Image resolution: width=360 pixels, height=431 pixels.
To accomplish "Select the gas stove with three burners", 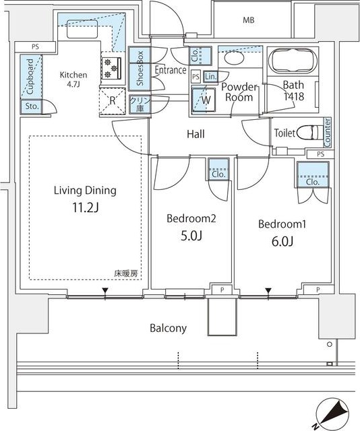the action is pyautogui.click(x=111, y=68).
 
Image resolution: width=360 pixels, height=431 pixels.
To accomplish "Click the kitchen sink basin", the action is pyautogui.click(x=82, y=28).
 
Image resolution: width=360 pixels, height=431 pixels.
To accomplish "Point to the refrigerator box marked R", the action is pyautogui.click(x=112, y=101).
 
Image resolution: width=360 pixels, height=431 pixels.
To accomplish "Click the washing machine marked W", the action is pyautogui.click(x=204, y=100).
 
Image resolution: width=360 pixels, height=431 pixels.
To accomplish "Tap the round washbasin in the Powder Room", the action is pyautogui.click(x=234, y=58).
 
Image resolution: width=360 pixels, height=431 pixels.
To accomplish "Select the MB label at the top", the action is pyautogui.click(x=249, y=20).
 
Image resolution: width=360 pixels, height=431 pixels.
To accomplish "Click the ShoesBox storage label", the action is pyautogui.click(x=140, y=68).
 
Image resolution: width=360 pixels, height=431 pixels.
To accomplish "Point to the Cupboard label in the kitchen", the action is pyautogui.click(x=30, y=76).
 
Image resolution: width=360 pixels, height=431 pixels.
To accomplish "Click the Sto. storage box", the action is pyautogui.click(x=32, y=106).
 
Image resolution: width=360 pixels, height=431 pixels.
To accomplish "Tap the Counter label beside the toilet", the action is pyautogui.click(x=328, y=133).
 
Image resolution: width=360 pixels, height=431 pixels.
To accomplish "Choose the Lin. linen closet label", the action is pyautogui.click(x=211, y=77).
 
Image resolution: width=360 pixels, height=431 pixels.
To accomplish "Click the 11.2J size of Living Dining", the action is pyautogui.click(x=86, y=208).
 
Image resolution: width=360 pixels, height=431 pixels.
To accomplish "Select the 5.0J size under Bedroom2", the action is pyautogui.click(x=191, y=236).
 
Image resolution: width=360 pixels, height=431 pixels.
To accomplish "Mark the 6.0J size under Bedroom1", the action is pyautogui.click(x=282, y=241).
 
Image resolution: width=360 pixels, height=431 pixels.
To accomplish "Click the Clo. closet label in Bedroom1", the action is pyautogui.click(x=313, y=182).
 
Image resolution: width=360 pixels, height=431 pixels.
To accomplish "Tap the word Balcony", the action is pyautogui.click(x=168, y=328).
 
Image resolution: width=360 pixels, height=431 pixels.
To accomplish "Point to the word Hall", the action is pyautogui.click(x=196, y=134).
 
